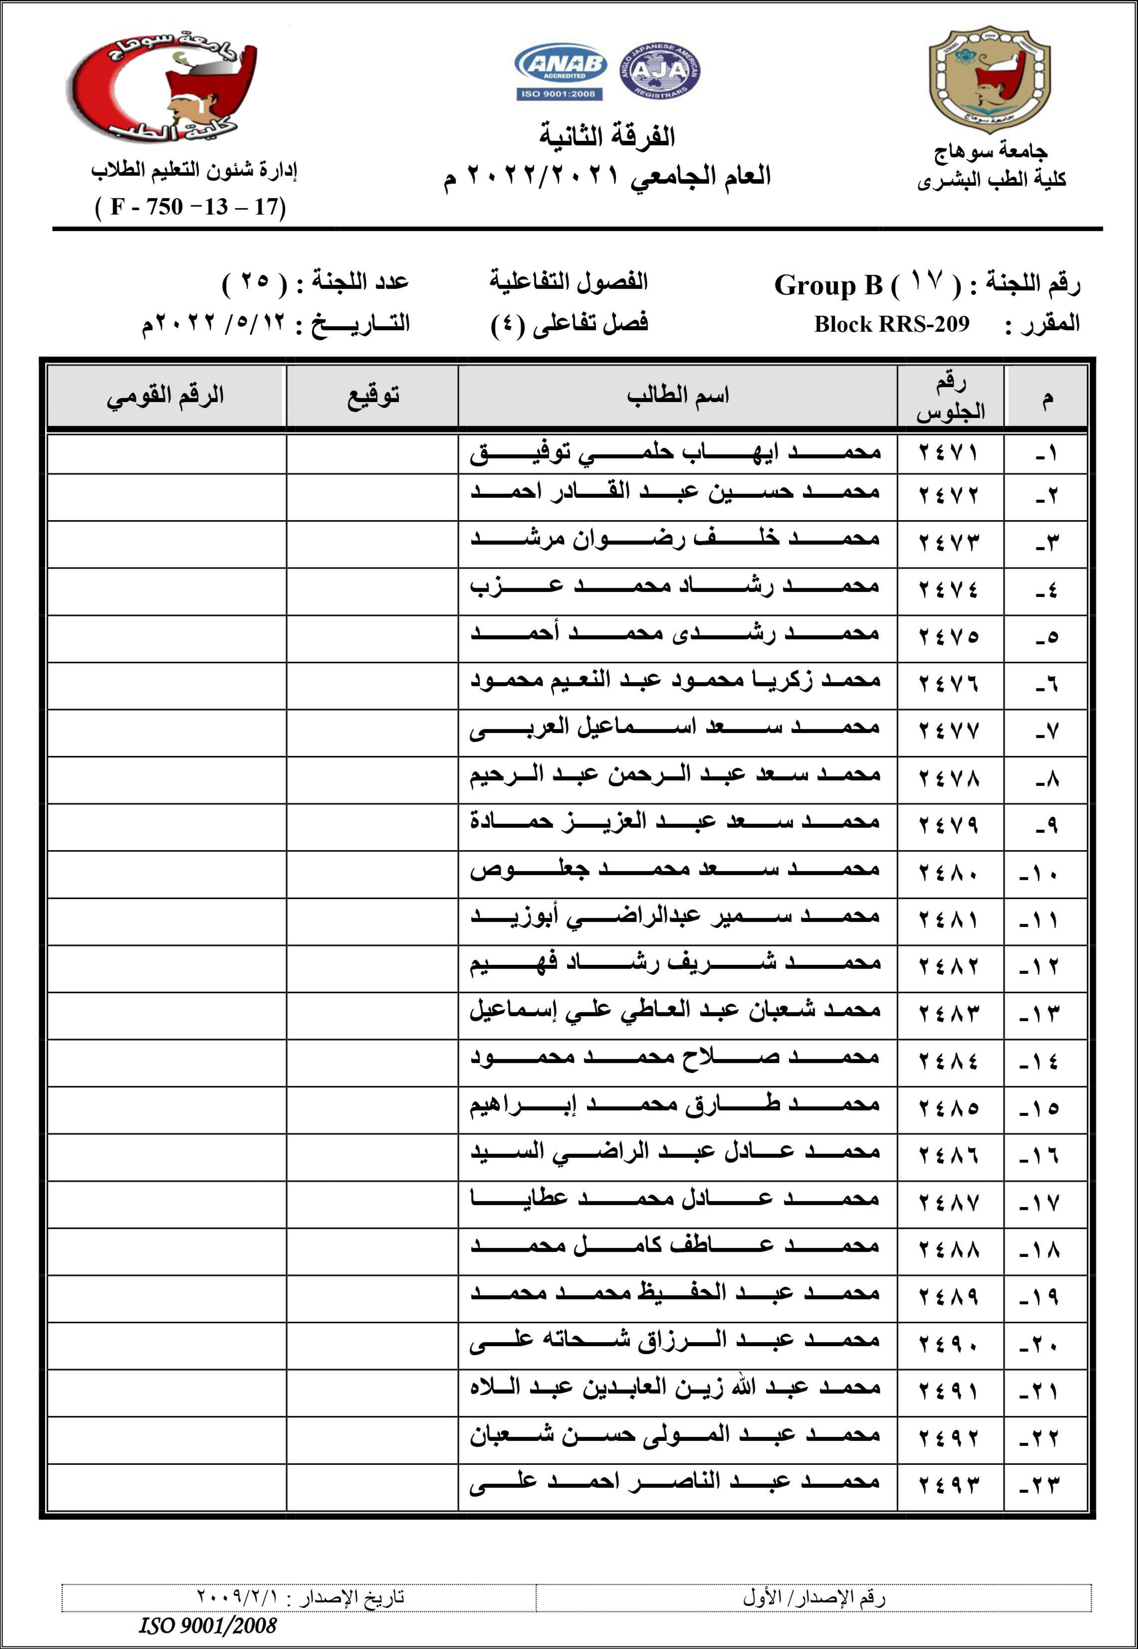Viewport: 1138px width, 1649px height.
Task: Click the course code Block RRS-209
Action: (891, 324)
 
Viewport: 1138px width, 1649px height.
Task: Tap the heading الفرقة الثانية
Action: (607, 135)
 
